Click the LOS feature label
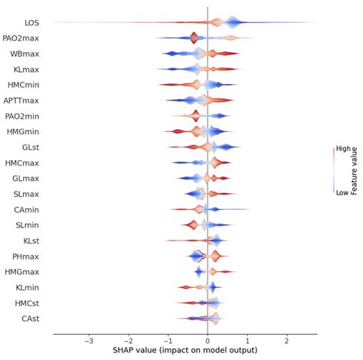(33, 23)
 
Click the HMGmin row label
(26, 132)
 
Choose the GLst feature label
(33, 147)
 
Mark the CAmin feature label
(30, 209)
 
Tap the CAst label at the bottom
(32, 318)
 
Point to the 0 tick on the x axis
(208, 342)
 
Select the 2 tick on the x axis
(286, 342)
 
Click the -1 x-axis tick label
(168, 342)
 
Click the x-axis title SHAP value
(185, 352)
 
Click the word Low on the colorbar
(342, 193)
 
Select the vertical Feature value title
(355, 171)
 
